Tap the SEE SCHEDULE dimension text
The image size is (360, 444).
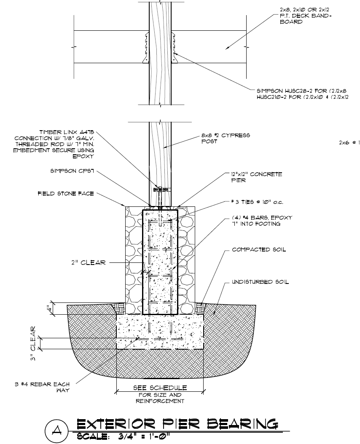pyautogui.click(x=160, y=388)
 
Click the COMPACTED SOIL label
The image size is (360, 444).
pyautogui.click(x=258, y=249)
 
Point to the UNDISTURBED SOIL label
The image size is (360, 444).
pyautogui.click(x=260, y=281)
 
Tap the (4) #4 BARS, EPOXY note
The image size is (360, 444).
pyautogui.click(x=261, y=220)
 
